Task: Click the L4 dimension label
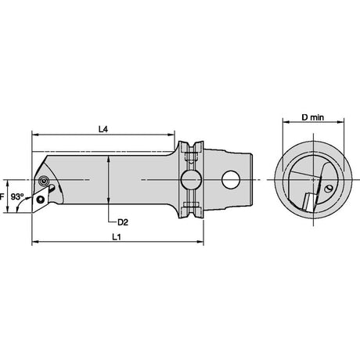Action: pos(103,129)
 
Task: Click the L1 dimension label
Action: pos(117,237)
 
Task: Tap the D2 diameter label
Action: pos(123,222)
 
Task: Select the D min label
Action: pos(313,117)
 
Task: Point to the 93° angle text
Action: pos(17,196)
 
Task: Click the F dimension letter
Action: pos(2,196)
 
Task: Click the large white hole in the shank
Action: pos(231,180)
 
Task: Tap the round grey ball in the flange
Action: pos(191,180)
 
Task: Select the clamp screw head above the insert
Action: pos(43,180)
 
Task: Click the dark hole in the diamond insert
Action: pos(41,200)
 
